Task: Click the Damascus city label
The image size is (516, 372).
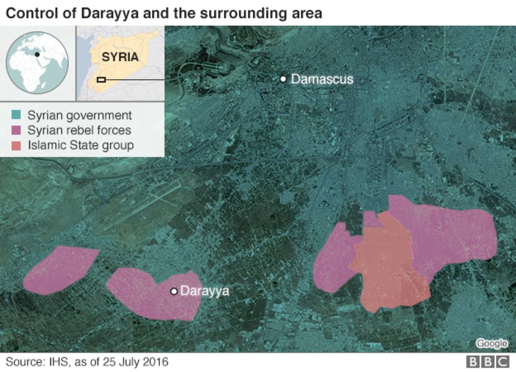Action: [x=322, y=79]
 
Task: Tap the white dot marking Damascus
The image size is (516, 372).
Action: [x=283, y=79]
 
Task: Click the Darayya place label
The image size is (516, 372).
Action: [x=205, y=291]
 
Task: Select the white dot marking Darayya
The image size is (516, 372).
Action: [x=173, y=291]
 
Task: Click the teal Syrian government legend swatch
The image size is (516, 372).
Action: [x=17, y=115]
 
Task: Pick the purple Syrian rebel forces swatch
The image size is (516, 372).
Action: [x=17, y=130]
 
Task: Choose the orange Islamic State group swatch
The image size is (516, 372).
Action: [x=17, y=144]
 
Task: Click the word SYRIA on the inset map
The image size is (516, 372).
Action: [x=120, y=57]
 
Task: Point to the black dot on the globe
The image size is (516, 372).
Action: [x=37, y=54]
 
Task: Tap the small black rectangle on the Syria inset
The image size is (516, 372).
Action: [x=102, y=80]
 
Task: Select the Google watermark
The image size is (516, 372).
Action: [x=491, y=343]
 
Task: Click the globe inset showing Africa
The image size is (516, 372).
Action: [x=37, y=62]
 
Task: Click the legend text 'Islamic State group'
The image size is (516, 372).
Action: [x=80, y=144]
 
